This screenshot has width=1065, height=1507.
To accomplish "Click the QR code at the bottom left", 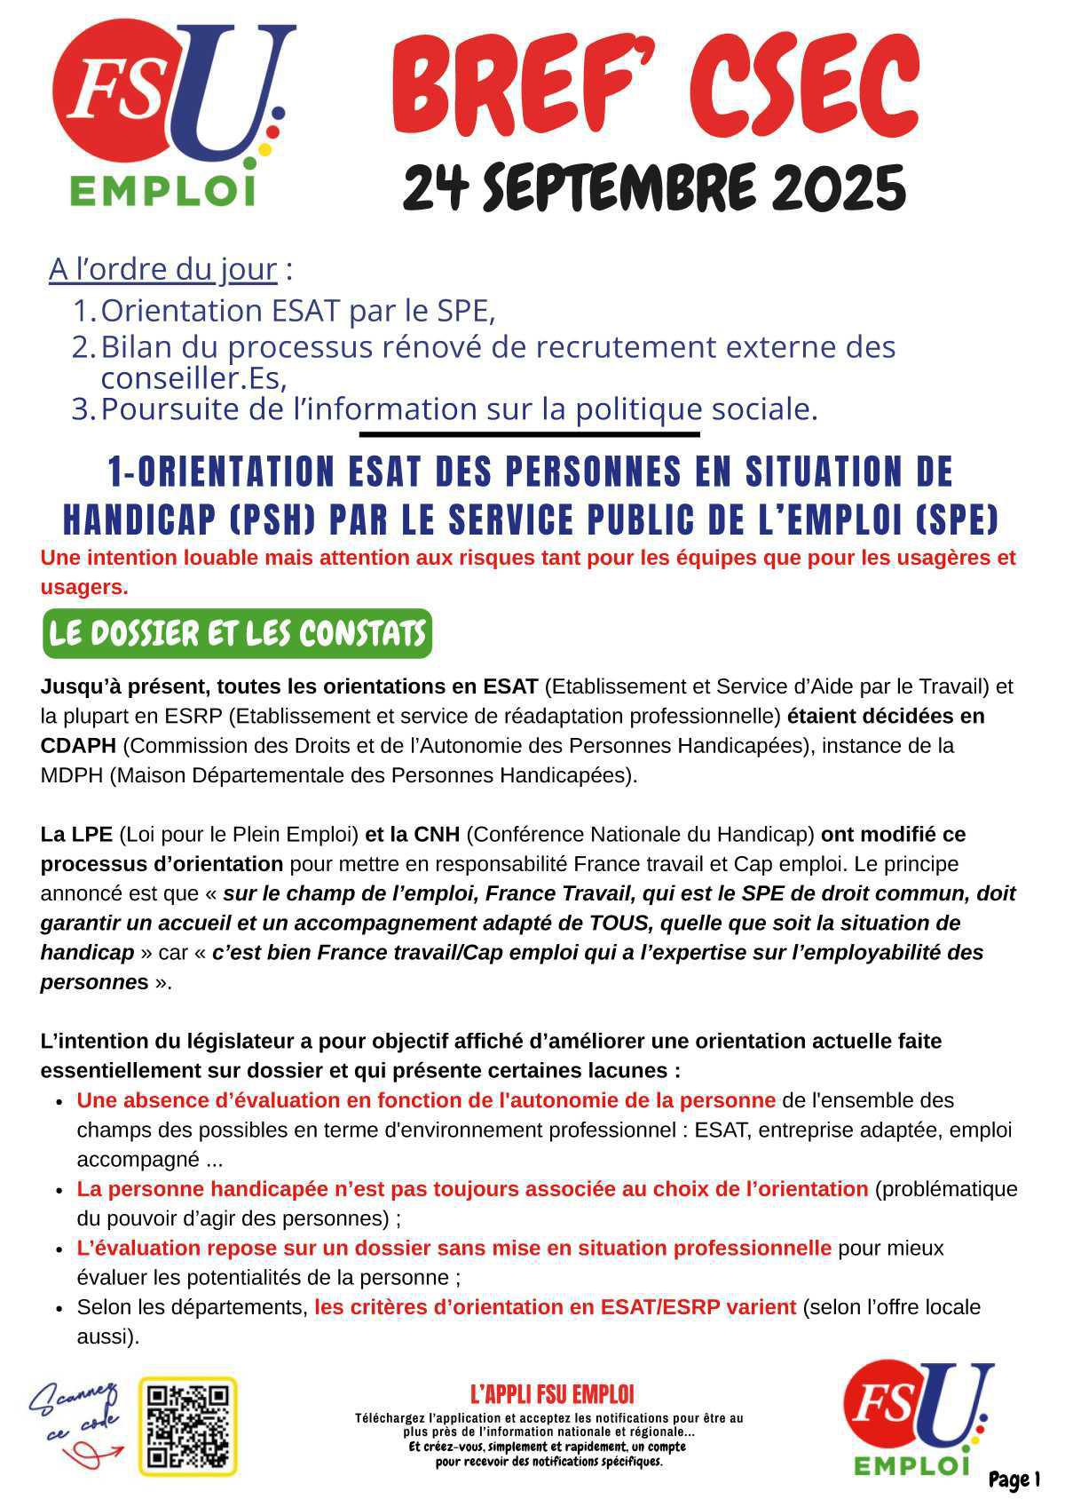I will pyautogui.click(x=188, y=1425).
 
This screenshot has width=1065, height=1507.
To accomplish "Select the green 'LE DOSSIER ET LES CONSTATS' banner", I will pyautogui.click(x=237, y=634).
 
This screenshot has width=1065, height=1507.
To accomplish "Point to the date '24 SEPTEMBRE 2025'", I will pyautogui.click(x=654, y=186).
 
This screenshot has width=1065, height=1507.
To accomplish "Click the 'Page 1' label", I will pyautogui.click(x=1014, y=1479).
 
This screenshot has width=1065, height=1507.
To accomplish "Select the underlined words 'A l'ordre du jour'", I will pyautogui.click(x=163, y=268).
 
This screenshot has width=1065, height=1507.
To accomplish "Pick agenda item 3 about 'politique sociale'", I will pyautogui.click(x=458, y=409).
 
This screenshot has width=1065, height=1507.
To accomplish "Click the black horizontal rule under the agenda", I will pyautogui.click(x=529, y=434).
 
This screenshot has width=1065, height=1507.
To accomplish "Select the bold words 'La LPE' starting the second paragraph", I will pyautogui.click(x=76, y=834).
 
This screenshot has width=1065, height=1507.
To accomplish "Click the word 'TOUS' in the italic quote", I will pyautogui.click(x=616, y=923).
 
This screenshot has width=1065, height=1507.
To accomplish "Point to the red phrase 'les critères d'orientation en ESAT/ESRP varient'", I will pyautogui.click(x=555, y=1307).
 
